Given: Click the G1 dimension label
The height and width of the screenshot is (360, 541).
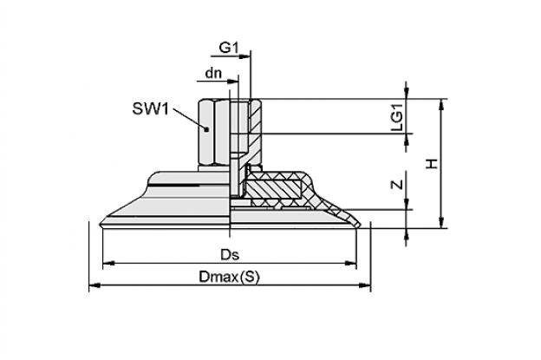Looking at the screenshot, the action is tap(229, 48).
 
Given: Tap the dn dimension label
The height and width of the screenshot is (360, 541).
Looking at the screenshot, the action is tap(213, 73).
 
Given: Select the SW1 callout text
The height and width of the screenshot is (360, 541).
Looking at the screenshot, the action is tap(151, 109).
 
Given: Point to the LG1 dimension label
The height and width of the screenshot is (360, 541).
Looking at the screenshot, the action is tap(397, 116).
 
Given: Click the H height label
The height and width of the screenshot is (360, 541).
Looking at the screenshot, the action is tap(432, 164).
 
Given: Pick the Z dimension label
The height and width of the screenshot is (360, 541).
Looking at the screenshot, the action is tap(398, 184).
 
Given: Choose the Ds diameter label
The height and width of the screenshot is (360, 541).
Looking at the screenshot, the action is tap(230, 255).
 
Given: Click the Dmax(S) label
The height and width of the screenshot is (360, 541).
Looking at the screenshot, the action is tap(229, 277).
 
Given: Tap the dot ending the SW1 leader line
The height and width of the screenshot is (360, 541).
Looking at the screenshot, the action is tap(206, 129).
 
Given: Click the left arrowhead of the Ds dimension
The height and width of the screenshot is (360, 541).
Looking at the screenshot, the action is tap(108, 264).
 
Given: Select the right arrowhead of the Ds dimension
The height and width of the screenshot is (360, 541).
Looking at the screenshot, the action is tap(350, 264).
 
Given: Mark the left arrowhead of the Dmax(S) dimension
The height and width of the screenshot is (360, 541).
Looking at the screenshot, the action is tap(95, 285).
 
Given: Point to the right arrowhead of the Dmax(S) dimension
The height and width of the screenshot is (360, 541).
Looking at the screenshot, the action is tap(365, 285).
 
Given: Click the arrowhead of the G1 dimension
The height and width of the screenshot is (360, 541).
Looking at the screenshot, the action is tap(245, 56).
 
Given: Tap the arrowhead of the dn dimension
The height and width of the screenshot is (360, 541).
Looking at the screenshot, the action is tap(233, 82).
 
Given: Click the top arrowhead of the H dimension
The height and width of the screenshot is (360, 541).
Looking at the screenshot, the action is tap(441, 105).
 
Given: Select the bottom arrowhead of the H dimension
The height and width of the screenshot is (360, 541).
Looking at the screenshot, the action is tap(441, 222).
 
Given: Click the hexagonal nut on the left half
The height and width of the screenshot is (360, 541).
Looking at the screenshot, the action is tap(214, 133).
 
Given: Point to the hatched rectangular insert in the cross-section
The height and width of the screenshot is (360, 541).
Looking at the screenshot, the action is tap(272, 189).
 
